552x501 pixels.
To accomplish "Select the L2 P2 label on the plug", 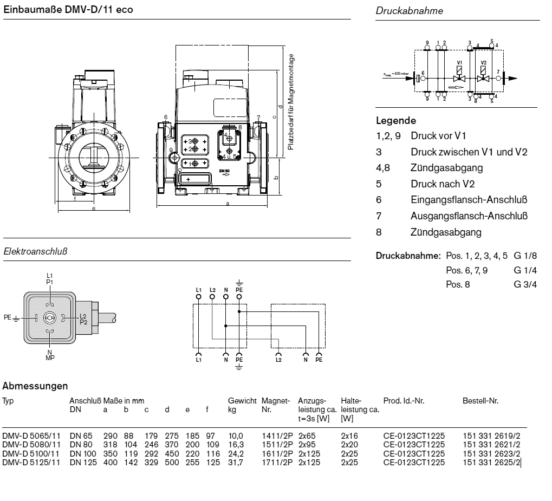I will coord(83,318).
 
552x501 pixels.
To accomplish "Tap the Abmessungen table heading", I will coord(35,386).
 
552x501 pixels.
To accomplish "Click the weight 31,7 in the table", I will coord(236,461).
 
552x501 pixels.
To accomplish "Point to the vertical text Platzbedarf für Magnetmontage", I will coord(291,102).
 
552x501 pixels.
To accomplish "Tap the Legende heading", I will coord(396,120).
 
